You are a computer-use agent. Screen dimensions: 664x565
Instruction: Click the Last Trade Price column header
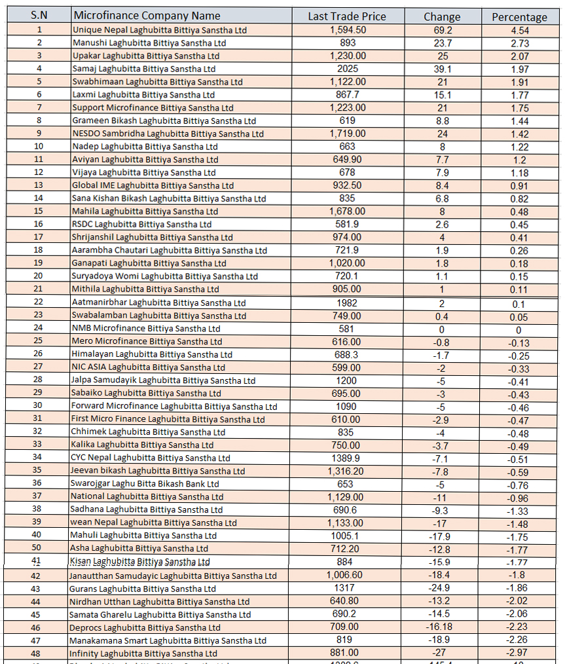pyautogui.click(x=347, y=16)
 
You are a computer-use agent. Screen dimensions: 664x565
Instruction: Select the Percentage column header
pyautogui.click(x=519, y=17)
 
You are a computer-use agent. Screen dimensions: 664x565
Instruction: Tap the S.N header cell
pyautogui.click(x=39, y=15)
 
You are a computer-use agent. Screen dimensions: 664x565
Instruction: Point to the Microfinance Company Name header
pyautogui.click(x=147, y=16)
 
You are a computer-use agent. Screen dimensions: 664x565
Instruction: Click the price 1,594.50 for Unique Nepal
pyautogui.click(x=348, y=30)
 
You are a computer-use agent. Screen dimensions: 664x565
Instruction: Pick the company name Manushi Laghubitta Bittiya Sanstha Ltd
pyautogui.click(x=149, y=43)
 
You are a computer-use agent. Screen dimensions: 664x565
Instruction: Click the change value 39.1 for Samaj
pyautogui.click(x=442, y=69)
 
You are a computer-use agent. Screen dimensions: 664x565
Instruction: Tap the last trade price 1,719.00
pyautogui.click(x=348, y=134)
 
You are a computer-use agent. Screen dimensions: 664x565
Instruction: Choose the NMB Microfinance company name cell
pyautogui.click(x=146, y=328)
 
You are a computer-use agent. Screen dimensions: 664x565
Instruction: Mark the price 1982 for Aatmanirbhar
pyautogui.click(x=347, y=303)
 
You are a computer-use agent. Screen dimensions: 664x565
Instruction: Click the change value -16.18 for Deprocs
pyautogui.click(x=442, y=627)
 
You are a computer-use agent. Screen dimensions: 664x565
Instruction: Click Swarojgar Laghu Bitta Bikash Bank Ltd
pyautogui.click(x=145, y=484)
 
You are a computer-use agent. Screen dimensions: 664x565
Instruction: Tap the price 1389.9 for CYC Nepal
pyautogui.click(x=347, y=458)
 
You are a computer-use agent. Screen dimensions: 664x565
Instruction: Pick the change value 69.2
pyautogui.click(x=442, y=30)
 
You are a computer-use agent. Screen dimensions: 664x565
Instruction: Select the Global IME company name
pyautogui.click(x=153, y=185)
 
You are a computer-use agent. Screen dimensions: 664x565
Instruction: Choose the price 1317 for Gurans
pyautogui.click(x=347, y=588)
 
